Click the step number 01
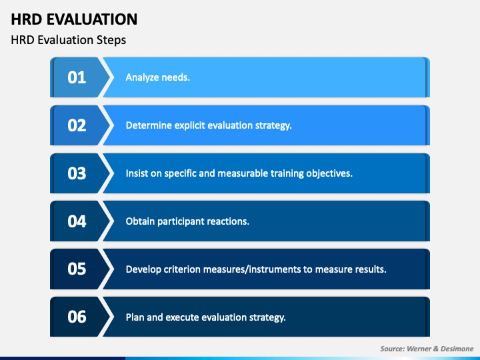77,77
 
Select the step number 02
77,125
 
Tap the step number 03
77,173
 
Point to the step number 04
77,221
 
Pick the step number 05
77,269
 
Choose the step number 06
77,317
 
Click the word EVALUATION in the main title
92,19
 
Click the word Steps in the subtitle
111,40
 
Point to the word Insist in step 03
137,173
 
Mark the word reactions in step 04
227,221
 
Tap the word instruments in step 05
278,269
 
